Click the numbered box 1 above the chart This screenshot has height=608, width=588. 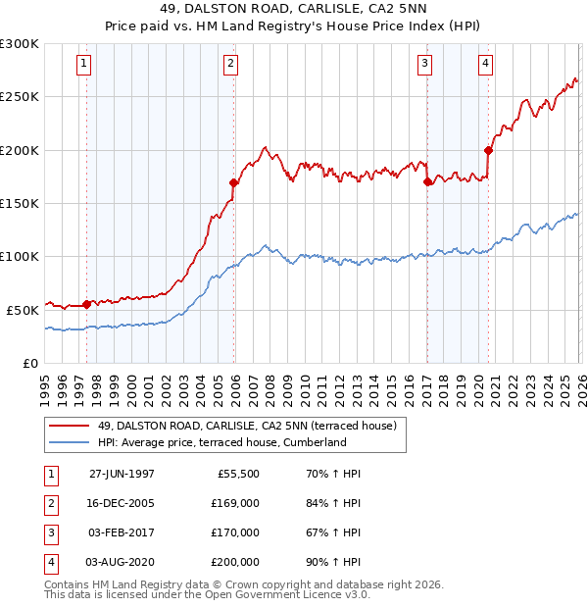(84, 65)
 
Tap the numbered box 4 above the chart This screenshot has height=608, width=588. (485, 65)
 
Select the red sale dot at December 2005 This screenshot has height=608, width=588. (234, 182)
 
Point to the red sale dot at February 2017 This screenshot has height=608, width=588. (427, 181)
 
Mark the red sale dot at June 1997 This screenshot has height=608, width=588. (87, 304)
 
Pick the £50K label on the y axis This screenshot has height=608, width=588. (23, 309)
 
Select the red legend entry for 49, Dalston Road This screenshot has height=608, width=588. (246, 426)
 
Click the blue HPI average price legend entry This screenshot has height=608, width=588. (221, 442)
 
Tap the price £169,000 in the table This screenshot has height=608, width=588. (235, 503)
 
